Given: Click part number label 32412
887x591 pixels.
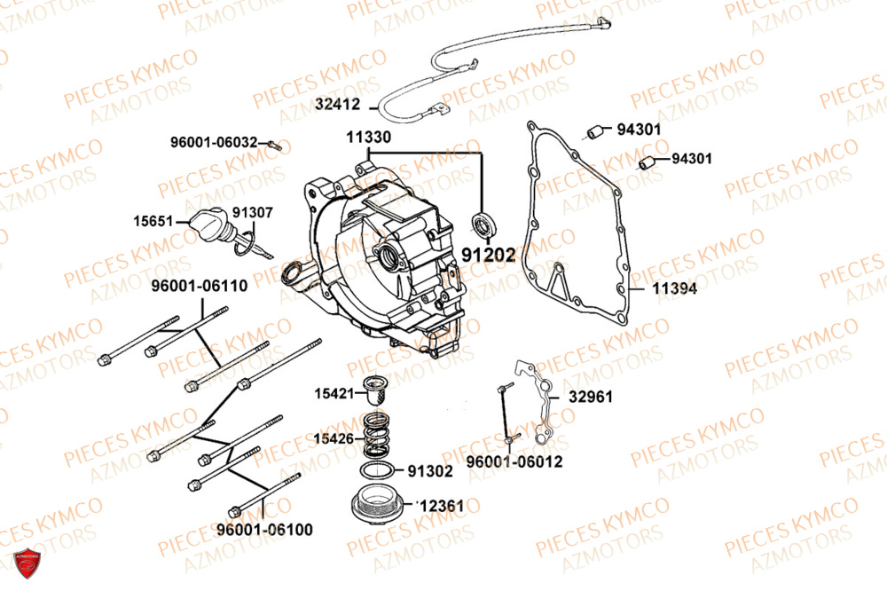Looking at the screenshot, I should coord(337,104).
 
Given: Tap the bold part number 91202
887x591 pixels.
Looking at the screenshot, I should coord(488,256).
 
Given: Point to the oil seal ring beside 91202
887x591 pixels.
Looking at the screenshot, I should coord(483,225).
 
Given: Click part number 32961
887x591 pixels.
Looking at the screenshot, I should coord(591,397).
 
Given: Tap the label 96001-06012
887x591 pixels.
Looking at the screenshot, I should coord(514,461).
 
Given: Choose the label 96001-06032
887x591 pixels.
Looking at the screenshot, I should coord(215,141).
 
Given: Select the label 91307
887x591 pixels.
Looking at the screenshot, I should coord(253,213).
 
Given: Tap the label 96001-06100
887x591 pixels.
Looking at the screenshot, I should coord(264,530).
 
